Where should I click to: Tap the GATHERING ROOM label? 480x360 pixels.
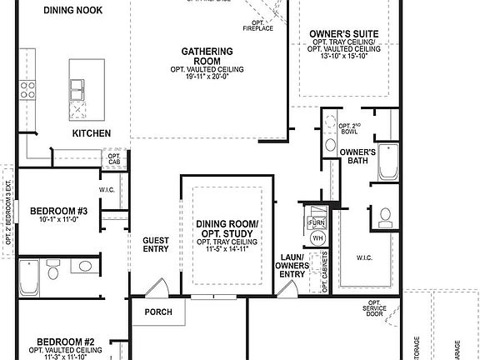click(x=201, y=57)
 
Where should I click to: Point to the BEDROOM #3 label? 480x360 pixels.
click(x=58, y=211)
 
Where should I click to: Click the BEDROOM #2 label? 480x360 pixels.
click(x=64, y=341)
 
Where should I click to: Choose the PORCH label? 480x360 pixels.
click(x=157, y=312)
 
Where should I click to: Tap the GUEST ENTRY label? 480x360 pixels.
click(x=156, y=243)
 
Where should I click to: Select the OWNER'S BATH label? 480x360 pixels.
click(x=358, y=157)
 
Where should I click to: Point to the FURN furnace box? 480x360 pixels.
click(x=316, y=222)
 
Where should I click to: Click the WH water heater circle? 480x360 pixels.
click(x=317, y=238)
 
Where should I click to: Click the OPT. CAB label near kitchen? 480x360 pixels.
click(x=113, y=157)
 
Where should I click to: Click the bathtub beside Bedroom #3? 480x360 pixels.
click(x=28, y=277)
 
